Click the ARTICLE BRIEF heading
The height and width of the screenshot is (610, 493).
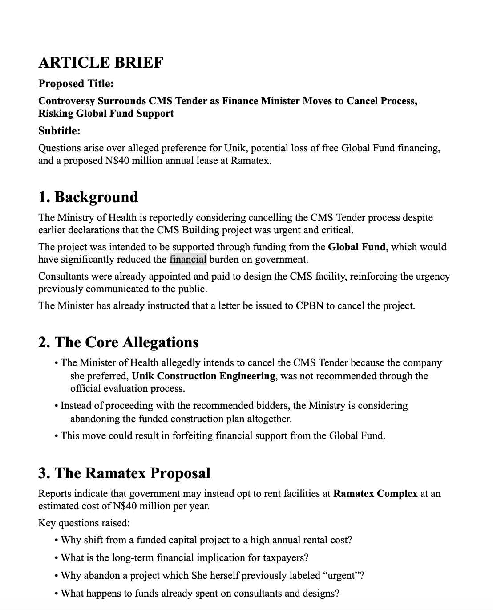pyautogui.click(x=101, y=62)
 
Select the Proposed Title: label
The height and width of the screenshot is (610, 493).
pyautogui.click(x=76, y=84)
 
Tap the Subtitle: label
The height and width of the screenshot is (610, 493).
pyautogui.click(x=59, y=131)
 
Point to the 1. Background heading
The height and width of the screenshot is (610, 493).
pyautogui.click(x=88, y=197)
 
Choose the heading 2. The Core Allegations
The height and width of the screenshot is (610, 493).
pyautogui.click(x=118, y=342)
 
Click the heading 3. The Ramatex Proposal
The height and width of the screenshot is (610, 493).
pyautogui.click(x=124, y=473)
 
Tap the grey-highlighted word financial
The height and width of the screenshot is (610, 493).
pyautogui.click(x=188, y=260)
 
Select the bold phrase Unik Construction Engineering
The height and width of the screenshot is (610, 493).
pyautogui.click(x=203, y=376)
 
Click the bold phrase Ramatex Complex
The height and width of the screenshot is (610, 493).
pyautogui.click(x=375, y=494)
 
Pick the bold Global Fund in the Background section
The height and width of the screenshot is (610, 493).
pyautogui.click(x=356, y=247)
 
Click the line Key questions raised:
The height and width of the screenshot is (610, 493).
pyautogui.click(x=84, y=523)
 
